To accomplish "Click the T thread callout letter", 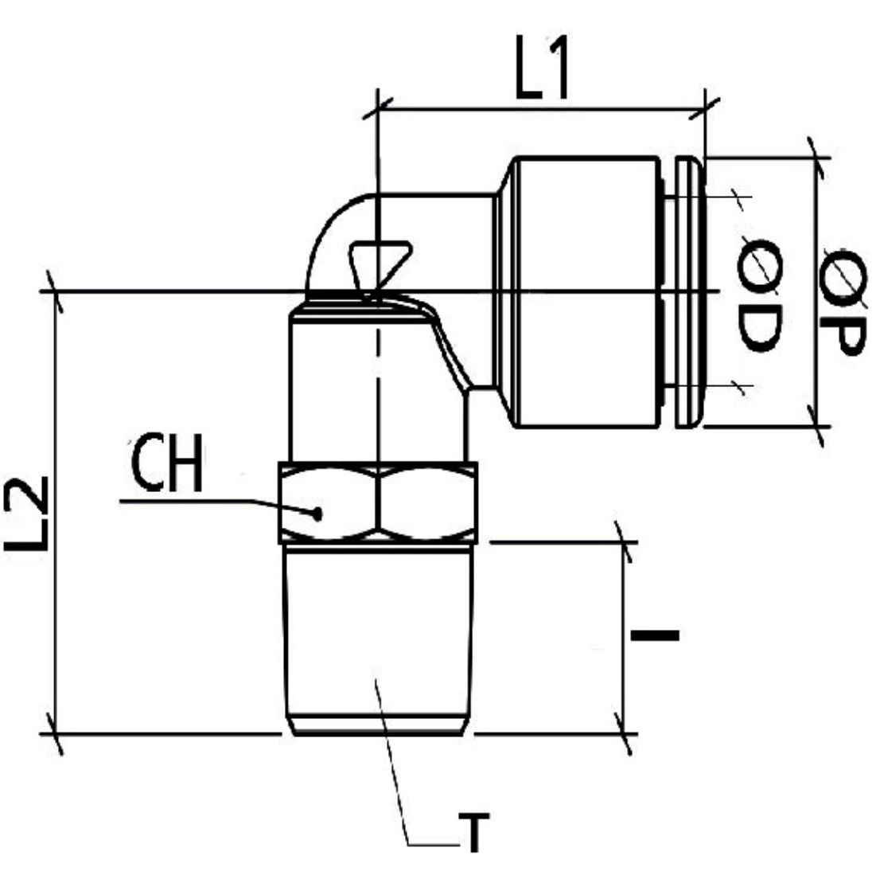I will [473, 833].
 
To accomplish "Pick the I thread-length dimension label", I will [655, 635].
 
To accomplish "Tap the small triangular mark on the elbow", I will [380, 261].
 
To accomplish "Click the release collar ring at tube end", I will [689, 291].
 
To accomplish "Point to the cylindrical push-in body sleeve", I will [585, 291].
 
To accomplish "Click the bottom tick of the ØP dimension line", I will [817, 426].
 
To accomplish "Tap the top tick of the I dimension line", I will [624, 543].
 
